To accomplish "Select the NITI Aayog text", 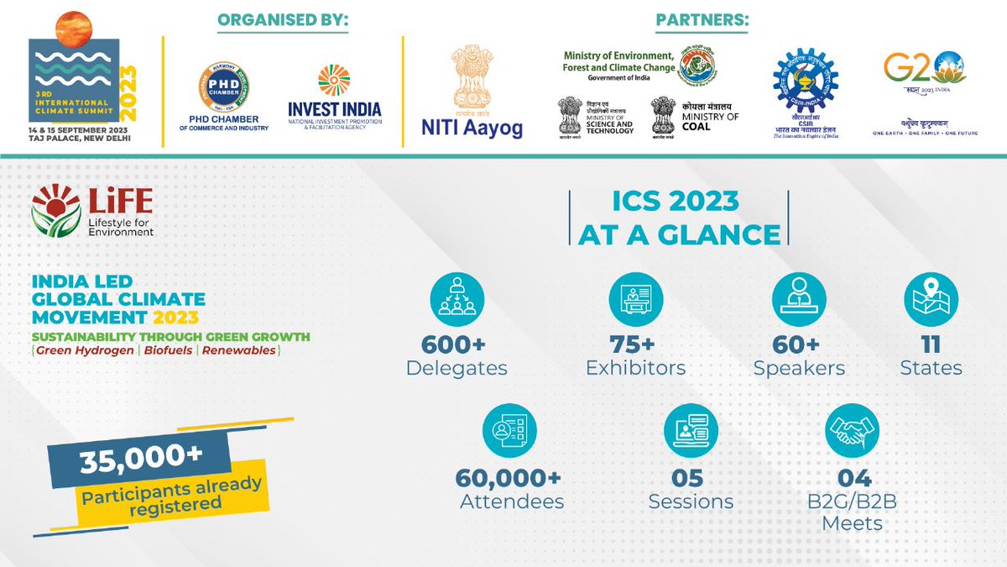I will pos(472,128).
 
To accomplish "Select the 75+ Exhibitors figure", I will pos(635,344).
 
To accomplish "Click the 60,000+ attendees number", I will pos(509,478).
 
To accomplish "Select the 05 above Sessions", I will pos(690,478).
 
